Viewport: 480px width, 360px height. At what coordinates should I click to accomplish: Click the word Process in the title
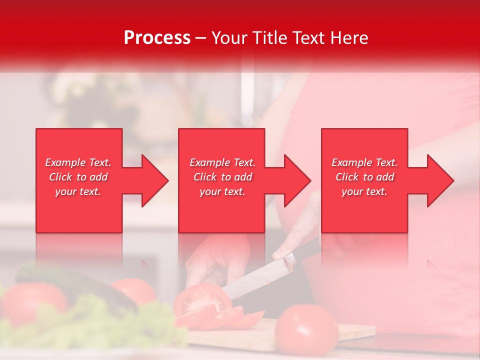(157, 37)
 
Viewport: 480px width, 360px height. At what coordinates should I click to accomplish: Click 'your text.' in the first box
(78, 191)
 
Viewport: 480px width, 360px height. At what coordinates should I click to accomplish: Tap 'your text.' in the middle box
(222, 191)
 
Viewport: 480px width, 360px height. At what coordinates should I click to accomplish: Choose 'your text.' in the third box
(364, 191)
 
